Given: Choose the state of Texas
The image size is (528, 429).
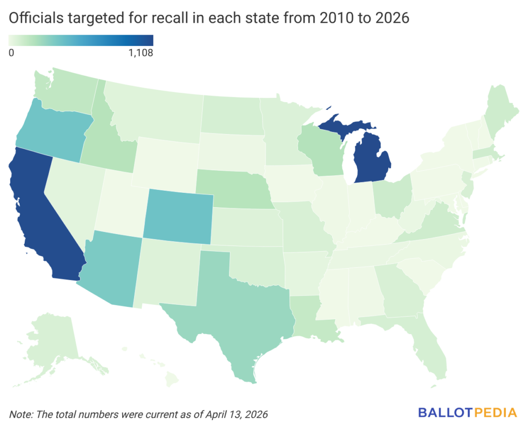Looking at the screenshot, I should pyautogui.click(x=242, y=309).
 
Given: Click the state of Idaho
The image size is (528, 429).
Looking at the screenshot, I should pyautogui.click(x=106, y=139).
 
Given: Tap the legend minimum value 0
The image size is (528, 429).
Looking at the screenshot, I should pyautogui.click(x=11, y=53).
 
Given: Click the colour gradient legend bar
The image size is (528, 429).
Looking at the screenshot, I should pyautogui.click(x=81, y=40).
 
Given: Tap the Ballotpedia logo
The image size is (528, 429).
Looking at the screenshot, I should pyautogui.click(x=467, y=412).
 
